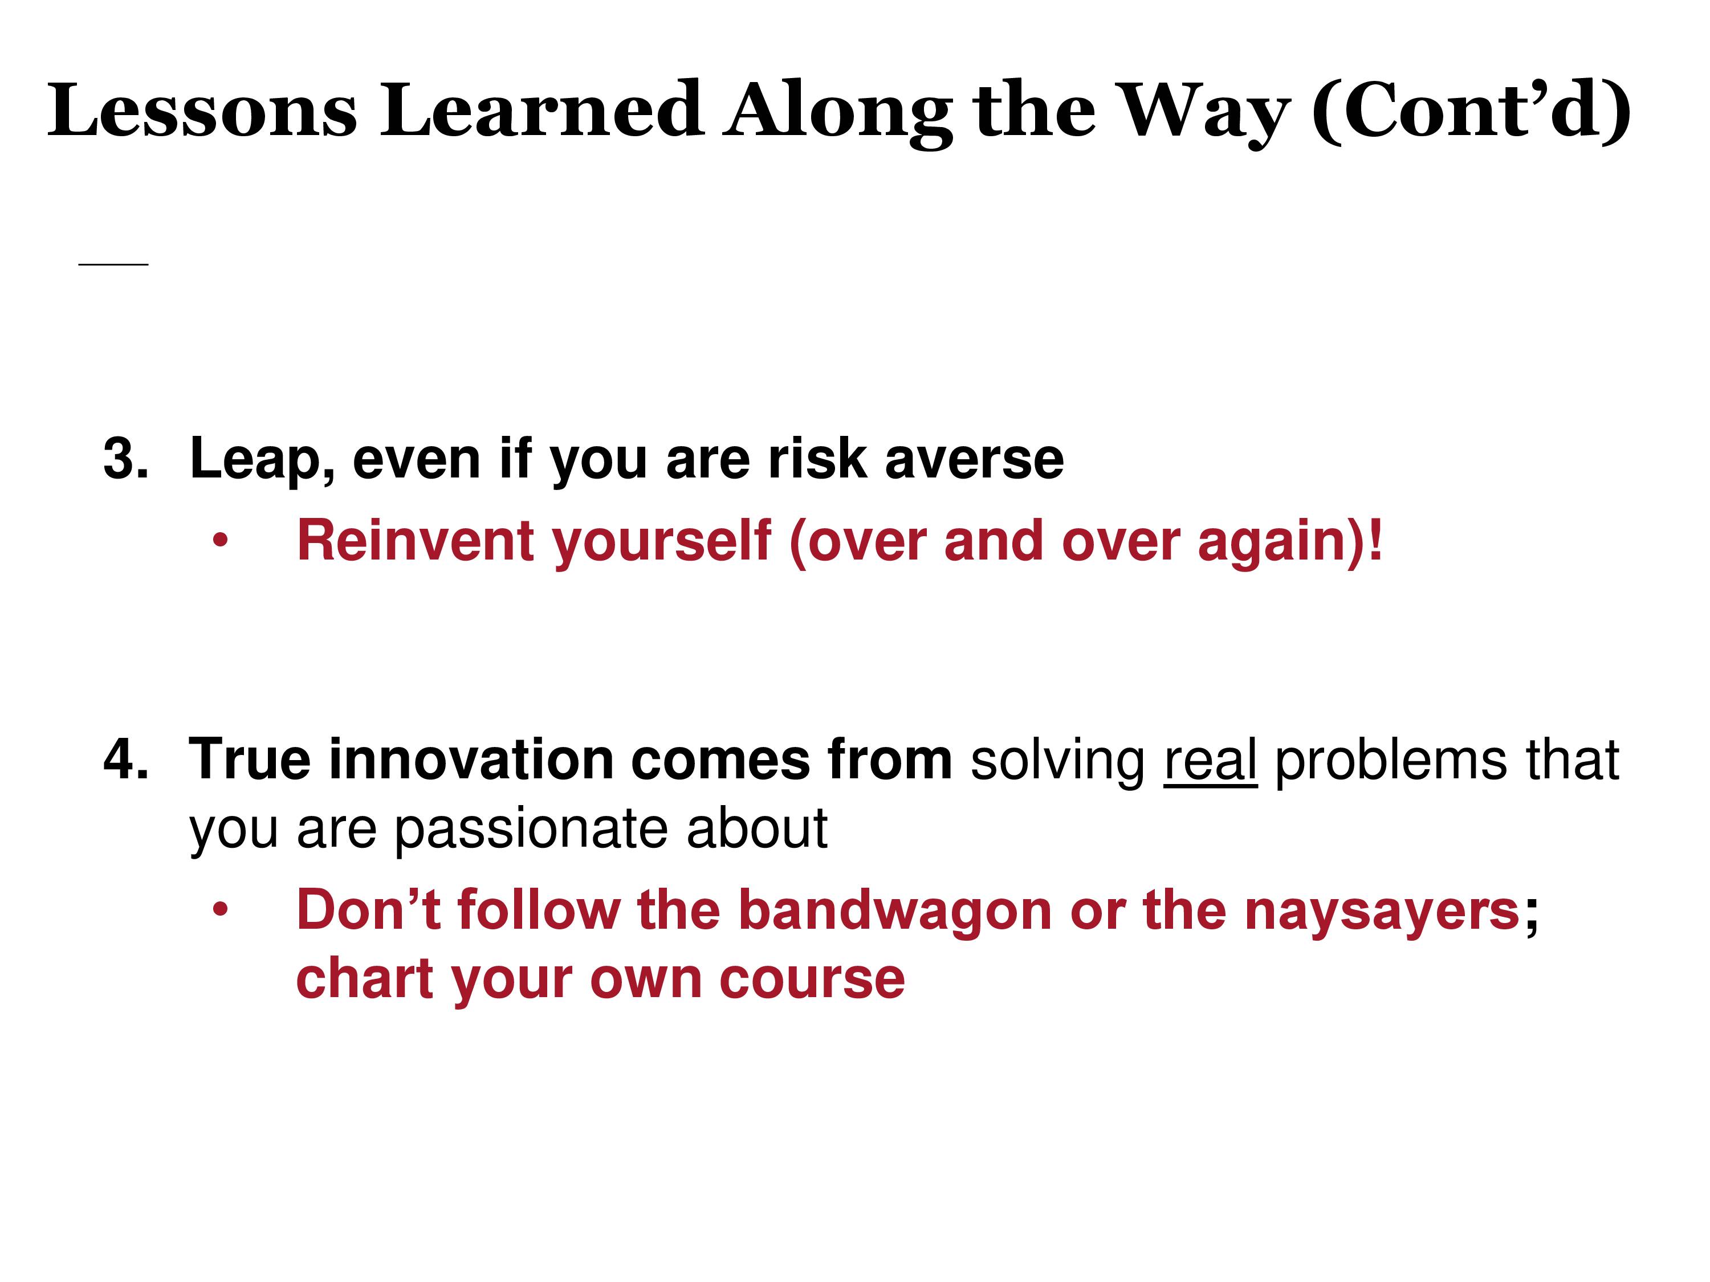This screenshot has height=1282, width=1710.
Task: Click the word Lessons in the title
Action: tap(202, 110)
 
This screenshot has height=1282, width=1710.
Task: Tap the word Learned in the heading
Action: tap(541, 110)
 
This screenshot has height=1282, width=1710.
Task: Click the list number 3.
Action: tap(125, 459)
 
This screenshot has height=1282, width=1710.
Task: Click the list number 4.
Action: tap(125, 760)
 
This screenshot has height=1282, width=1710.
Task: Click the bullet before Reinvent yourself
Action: tap(221, 541)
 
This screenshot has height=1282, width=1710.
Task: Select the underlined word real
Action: tap(1211, 761)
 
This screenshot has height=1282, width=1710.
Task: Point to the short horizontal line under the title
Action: tap(113, 264)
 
